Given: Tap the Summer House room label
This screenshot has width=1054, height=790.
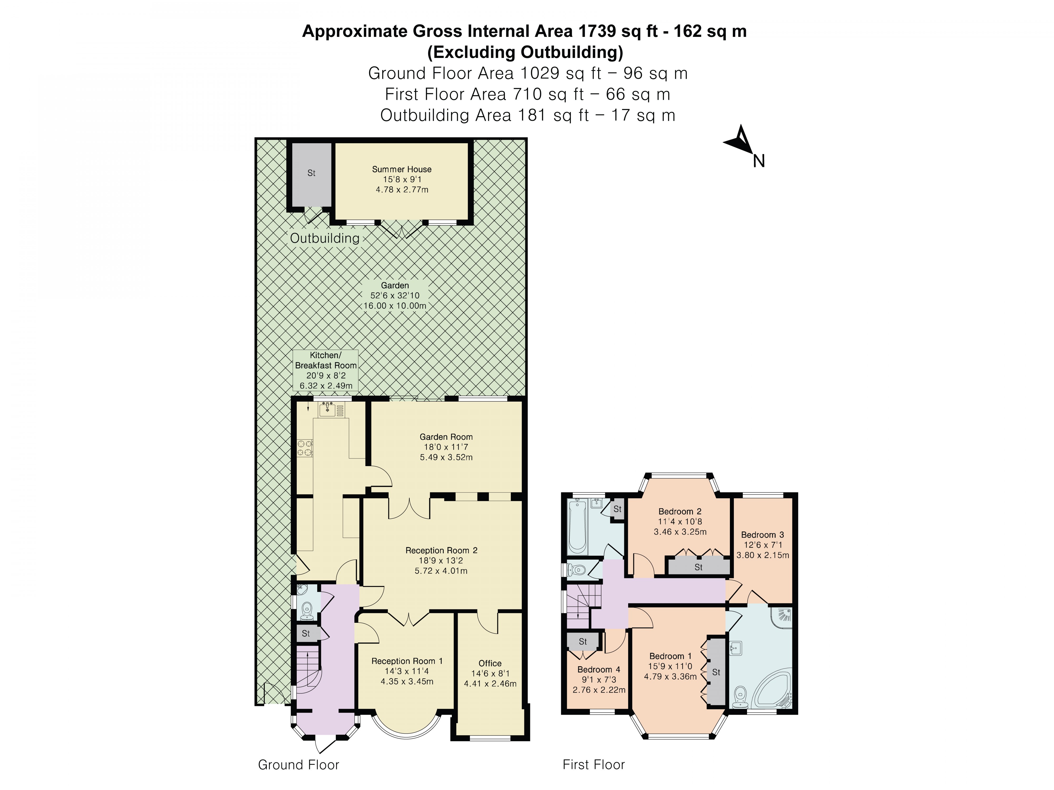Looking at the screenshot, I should tap(402, 169).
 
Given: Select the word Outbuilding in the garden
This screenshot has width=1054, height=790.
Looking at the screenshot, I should tap(324, 238).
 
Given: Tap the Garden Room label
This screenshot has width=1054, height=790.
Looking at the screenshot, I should tap(446, 437).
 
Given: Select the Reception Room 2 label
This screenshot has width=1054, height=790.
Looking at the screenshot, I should tap(441, 550).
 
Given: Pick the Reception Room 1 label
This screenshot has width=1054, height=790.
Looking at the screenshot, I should tap(407, 661).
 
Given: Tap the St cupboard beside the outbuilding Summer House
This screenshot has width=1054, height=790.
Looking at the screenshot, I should tap(311, 173).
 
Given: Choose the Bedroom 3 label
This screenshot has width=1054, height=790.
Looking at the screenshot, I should tap(762, 535).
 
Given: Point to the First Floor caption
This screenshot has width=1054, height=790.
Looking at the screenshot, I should tap(593, 765).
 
